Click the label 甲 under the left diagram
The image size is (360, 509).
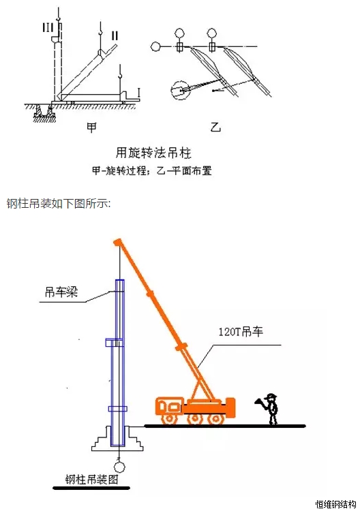point(91,127)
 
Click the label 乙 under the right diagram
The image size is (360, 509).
point(215,127)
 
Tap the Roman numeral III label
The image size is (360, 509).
point(48,28)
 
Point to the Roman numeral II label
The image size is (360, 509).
point(115,35)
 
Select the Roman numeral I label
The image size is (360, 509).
point(138,93)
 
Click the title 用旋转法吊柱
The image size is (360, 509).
point(153,153)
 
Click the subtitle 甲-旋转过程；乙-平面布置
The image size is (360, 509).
point(152,170)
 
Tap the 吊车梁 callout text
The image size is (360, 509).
point(61,292)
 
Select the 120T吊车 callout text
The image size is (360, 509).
point(241,331)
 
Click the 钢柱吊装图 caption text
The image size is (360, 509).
point(91,479)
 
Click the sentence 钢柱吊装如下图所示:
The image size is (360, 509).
point(59,204)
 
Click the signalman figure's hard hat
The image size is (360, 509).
point(270,397)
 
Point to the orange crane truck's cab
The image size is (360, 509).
point(169,405)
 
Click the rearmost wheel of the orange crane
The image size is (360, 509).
point(215,420)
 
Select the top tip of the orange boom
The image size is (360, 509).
point(117,241)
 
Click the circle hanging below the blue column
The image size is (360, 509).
point(119,467)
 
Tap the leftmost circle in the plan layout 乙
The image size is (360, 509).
point(155,47)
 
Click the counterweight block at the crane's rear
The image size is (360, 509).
point(230,407)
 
